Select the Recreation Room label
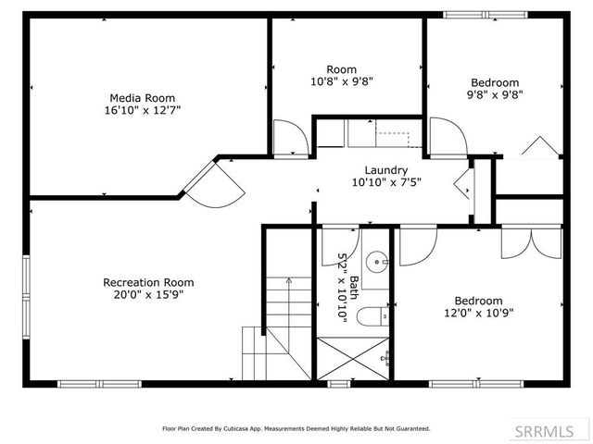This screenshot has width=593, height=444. [x=148, y=282]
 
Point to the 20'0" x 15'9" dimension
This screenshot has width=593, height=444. [x=148, y=295]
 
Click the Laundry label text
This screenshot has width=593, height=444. [x=386, y=170]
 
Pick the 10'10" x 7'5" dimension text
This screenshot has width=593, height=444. [x=386, y=182]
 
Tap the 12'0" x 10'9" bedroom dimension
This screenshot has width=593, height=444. [x=478, y=313]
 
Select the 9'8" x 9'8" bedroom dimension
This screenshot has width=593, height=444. [x=495, y=94]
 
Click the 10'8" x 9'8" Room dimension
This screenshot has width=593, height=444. [x=341, y=81]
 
